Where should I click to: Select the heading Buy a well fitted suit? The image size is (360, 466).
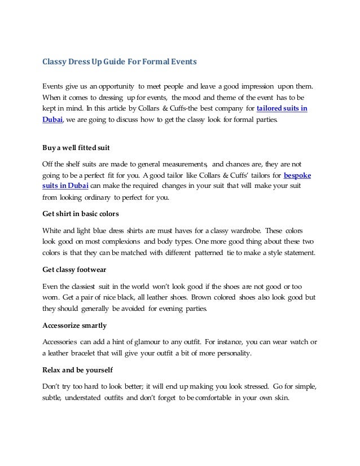pyautogui.click(x=76, y=149)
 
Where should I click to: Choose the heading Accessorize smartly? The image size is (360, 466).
pyautogui.click(x=73, y=326)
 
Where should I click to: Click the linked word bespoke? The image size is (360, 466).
pyautogui.click(x=297, y=175)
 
